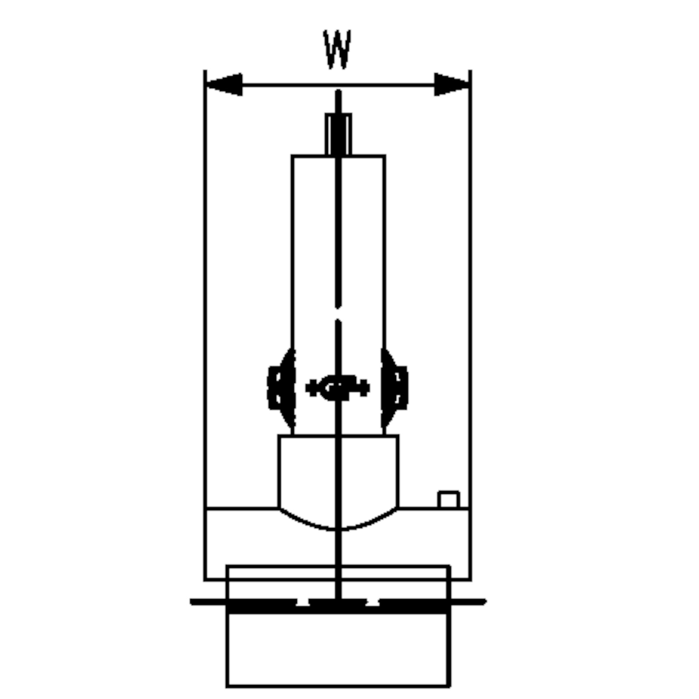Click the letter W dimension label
pyautogui.click(x=337, y=49)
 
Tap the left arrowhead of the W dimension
pyautogui.click(x=224, y=84)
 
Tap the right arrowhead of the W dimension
pyautogui.click(x=452, y=84)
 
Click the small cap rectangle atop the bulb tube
pyautogui.click(x=338, y=134)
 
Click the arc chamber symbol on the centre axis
pyautogui.click(x=338, y=388)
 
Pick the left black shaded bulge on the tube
pyautogui.click(x=282, y=388)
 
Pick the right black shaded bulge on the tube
pyautogui.click(x=394, y=388)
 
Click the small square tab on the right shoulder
pyautogui.click(x=449, y=500)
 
